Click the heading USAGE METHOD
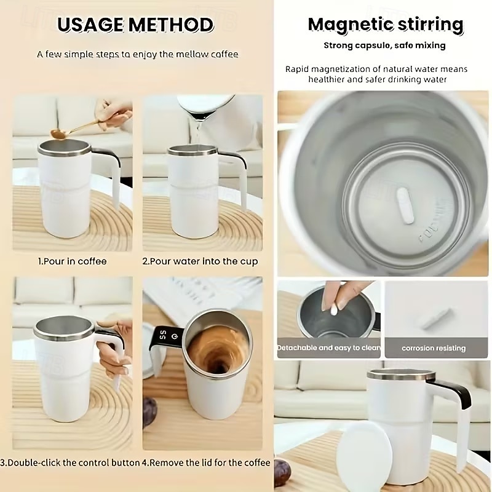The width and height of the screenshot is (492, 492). coord(135,25)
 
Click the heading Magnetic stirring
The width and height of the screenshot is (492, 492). coord(385,25)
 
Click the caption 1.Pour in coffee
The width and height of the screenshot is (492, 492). coord(72,261)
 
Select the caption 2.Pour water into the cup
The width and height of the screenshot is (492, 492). coord(200,261)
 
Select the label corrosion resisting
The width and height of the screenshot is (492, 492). coord(434,348)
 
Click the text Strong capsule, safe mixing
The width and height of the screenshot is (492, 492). coord(384,46)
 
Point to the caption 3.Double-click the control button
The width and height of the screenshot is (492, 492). coord(69,462)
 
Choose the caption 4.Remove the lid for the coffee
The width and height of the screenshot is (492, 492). coord(206,462)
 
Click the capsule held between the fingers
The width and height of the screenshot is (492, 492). coord(334,308)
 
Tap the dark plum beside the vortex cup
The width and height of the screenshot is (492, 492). coord(150,411)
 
